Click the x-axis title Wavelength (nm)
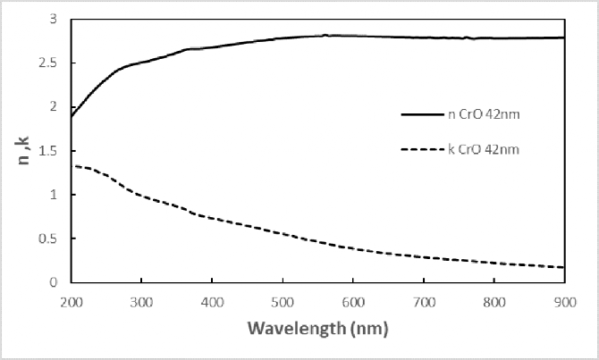tap(318, 328)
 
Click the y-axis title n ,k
tap(28, 154)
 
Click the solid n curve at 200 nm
tap(71, 116)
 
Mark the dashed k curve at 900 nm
tap(564, 267)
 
